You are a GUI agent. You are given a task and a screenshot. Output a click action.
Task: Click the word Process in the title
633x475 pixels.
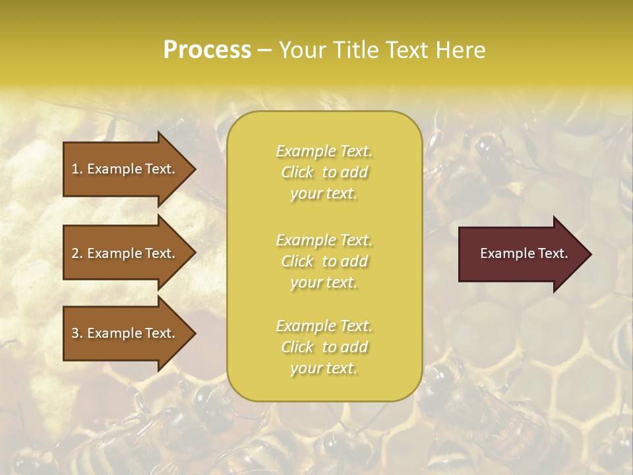point(207,50)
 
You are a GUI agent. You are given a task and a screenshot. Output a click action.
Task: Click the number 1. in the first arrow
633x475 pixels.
point(77,169)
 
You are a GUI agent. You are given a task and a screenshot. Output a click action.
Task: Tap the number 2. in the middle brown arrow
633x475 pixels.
point(77,253)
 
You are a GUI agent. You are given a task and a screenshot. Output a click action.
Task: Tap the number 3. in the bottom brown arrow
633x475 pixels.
point(77,333)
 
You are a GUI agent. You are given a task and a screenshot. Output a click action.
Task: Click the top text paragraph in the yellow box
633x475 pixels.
point(324,172)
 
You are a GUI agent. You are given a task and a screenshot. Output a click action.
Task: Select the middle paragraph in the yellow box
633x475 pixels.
point(324,261)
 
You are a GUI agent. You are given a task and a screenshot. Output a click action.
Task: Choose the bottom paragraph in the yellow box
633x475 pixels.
point(324,347)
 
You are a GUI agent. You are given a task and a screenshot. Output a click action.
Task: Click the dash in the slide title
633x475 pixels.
point(264,51)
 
